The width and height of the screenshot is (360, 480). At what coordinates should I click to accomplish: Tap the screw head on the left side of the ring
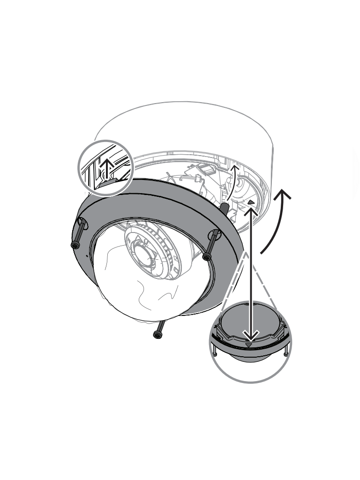[75, 245]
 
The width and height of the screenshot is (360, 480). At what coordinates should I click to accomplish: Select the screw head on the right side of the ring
[206, 256]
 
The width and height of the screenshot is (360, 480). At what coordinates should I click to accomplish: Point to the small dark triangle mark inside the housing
[252, 202]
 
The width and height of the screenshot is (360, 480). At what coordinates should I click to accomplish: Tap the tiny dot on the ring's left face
[86, 256]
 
